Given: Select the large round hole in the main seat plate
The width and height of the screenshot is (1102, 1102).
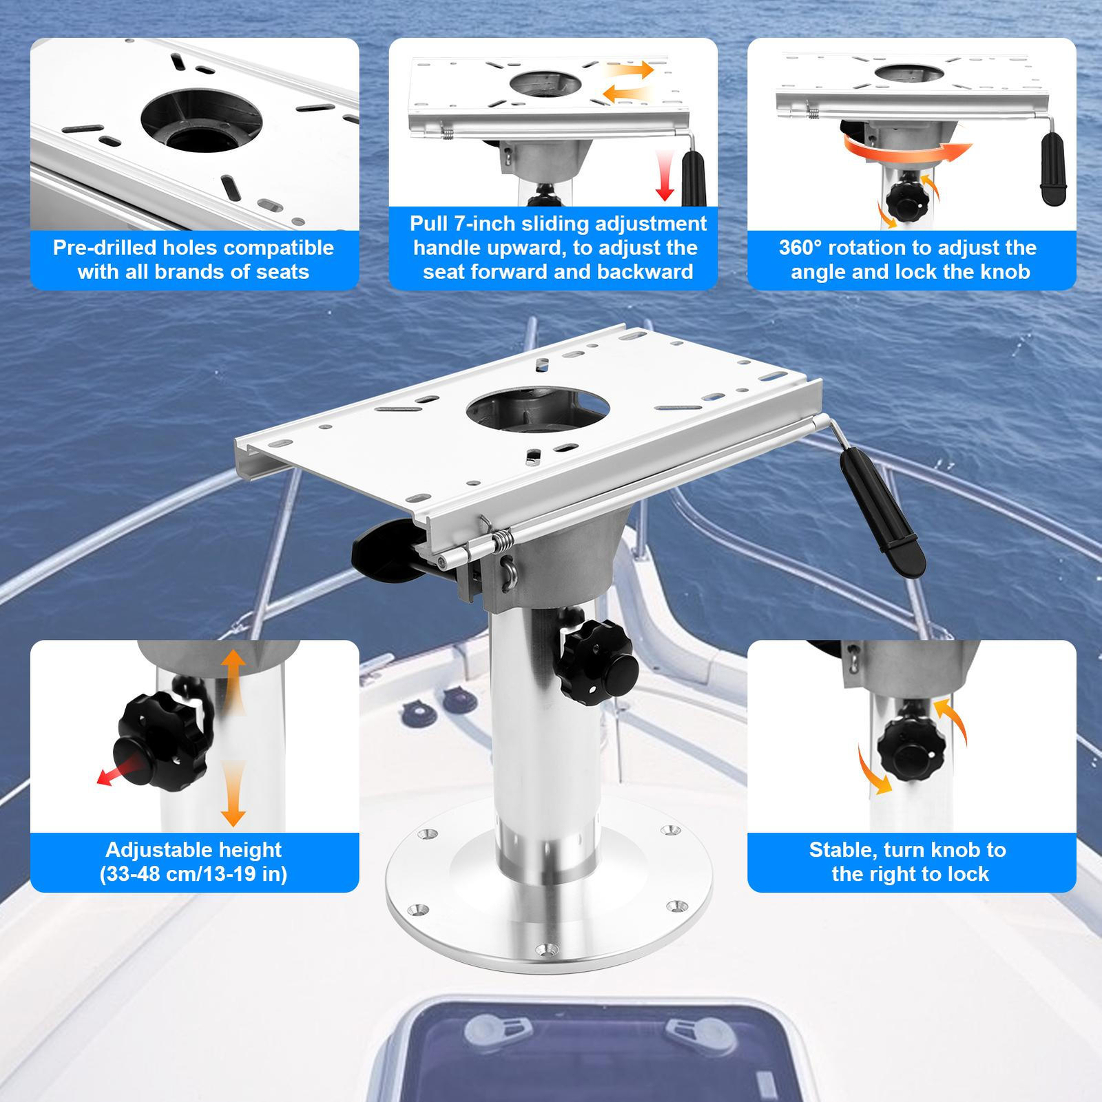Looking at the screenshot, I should tap(537, 409).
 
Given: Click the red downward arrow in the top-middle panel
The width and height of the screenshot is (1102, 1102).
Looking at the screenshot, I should tap(665, 176).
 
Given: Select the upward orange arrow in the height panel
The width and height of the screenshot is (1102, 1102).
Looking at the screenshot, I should tap(233, 682).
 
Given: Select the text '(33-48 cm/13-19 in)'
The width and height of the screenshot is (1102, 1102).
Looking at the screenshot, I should tap(194, 874).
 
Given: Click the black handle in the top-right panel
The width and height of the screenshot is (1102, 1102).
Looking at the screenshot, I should tap(1053, 169).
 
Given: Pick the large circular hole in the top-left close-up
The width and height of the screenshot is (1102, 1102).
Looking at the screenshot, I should tap(201, 121).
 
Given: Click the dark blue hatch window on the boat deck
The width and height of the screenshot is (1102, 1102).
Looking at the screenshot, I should tap(585, 1061).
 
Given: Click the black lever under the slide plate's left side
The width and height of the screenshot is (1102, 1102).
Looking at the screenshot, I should tap(382, 551).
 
